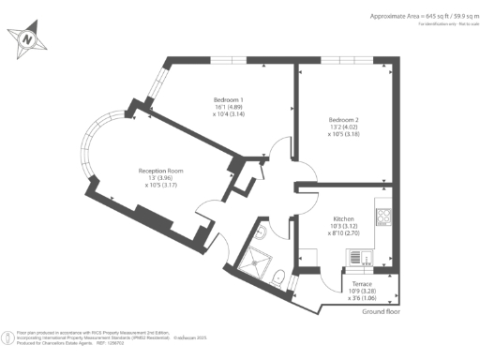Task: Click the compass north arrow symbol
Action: tap(28, 39)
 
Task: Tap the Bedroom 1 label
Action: tap(229, 99)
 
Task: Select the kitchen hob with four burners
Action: tap(383, 218)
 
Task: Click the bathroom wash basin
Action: tap(264, 232)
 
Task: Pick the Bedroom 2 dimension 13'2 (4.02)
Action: tap(344, 128)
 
